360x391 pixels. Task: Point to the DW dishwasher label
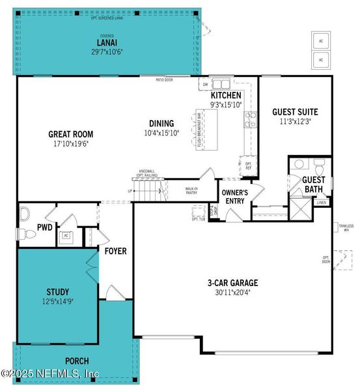coord(205,84)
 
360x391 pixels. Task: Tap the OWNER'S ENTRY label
coord(234,197)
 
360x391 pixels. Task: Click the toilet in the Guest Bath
coord(319,165)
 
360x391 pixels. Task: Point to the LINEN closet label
coord(321,203)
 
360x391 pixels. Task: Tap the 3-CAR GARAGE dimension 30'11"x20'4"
coord(232,293)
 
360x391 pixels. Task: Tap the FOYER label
coord(115,251)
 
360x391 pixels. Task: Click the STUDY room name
coord(57,291)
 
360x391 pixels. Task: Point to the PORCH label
coord(77,360)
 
